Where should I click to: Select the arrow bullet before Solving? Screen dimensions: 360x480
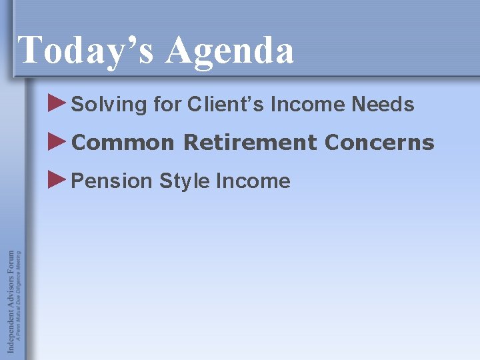[x=58, y=103]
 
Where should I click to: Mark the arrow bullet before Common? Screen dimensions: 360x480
[x=58, y=141]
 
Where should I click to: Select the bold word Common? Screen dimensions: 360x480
[x=123, y=143]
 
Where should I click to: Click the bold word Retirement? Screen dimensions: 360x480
[x=250, y=143]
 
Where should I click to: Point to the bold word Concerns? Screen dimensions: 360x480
[x=379, y=143]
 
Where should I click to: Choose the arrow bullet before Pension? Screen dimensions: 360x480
[x=58, y=179]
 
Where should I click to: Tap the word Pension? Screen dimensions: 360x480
[x=112, y=181]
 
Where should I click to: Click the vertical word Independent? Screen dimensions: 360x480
[x=11, y=320]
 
